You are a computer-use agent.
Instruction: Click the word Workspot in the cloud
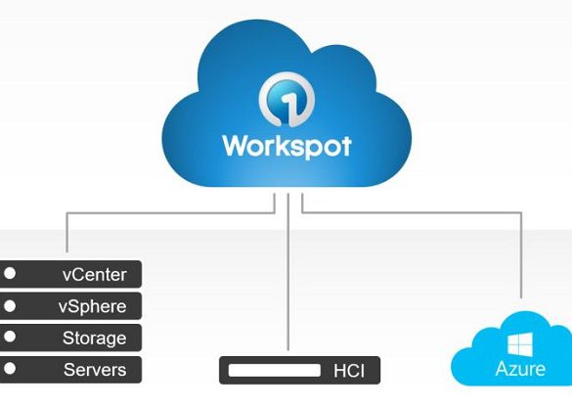pos(286,147)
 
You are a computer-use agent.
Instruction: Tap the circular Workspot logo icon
pos(286,100)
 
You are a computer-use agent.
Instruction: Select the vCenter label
pos(95,274)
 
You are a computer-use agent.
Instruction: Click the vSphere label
pos(92,306)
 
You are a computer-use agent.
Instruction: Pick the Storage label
pos(95,339)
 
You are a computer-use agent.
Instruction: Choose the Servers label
pos(95,370)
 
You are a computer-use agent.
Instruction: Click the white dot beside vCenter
pos(10,273)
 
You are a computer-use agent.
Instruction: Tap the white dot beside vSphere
pos(10,306)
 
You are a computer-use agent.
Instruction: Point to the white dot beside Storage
pos(10,337)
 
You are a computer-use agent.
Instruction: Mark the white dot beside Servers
pos(10,369)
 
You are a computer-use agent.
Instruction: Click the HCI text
pos(349,371)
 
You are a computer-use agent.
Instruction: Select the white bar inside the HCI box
pos(275,370)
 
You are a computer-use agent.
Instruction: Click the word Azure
pos(520,369)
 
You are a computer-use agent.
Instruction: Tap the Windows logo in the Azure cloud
pos(520,344)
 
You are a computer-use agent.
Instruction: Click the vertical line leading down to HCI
pos(288,272)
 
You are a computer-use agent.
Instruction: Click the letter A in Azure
pos(503,369)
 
